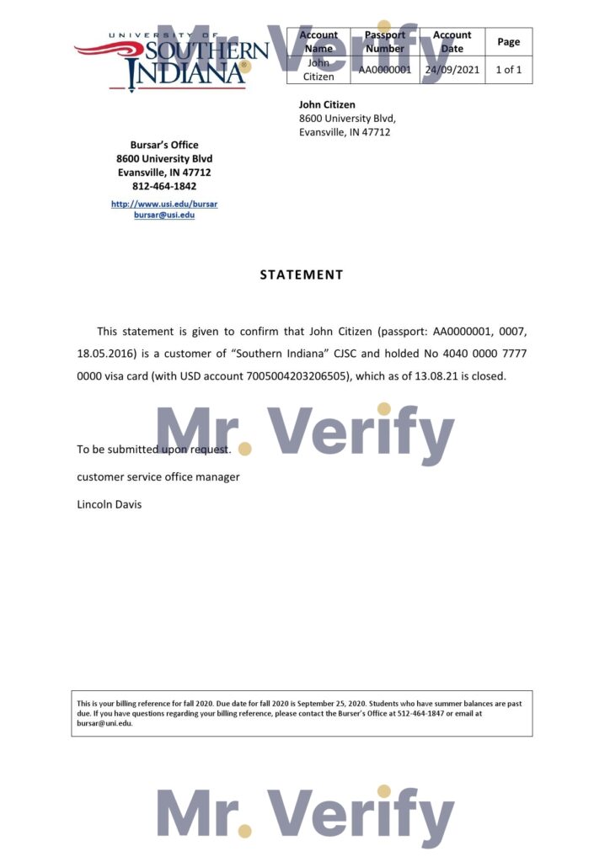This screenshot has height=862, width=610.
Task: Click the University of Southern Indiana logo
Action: (x=172, y=61)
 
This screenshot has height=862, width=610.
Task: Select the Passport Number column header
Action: (x=385, y=42)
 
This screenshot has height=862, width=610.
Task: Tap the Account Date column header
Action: (x=452, y=42)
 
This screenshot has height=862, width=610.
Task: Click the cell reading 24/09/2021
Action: (x=452, y=70)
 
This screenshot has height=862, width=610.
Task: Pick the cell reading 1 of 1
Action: (x=509, y=70)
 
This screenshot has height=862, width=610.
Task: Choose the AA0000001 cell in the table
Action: (x=385, y=70)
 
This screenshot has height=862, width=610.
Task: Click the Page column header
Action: (x=509, y=42)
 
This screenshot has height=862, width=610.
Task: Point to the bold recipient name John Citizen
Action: (x=327, y=105)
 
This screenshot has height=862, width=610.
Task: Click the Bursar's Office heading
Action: (x=164, y=145)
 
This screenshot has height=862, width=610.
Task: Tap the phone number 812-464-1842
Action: (x=164, y=186)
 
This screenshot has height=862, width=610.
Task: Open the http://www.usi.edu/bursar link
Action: (x=164, y=204)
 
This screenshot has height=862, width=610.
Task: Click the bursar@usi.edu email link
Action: (x=164, y=215)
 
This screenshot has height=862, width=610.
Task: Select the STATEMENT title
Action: (x=302, y=274)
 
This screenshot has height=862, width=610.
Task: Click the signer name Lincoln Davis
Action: (x=110, y=505)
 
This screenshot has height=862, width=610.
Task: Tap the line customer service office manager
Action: (x=158, y=477)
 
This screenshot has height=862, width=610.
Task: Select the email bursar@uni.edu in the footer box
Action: (x=104, y=723)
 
